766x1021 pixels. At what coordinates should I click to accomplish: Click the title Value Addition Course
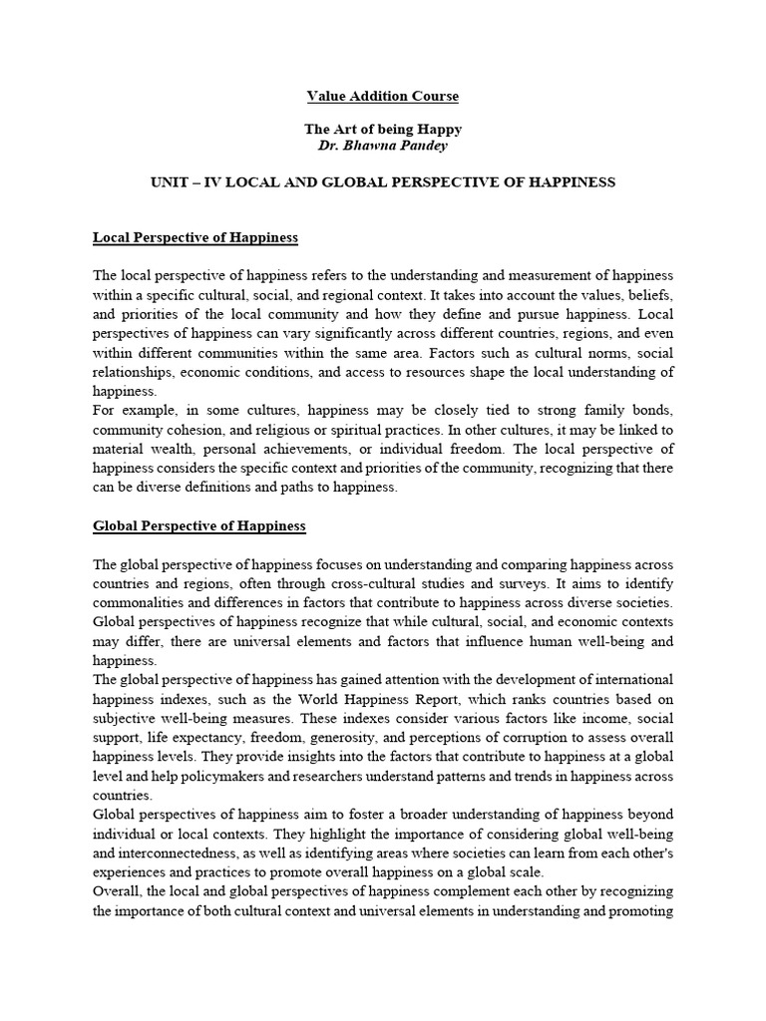click(x=382, y=97)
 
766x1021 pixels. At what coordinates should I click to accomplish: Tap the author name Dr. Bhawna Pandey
click(x=382, y=147)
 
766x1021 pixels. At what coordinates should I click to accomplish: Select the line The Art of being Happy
click(x=382, y=131)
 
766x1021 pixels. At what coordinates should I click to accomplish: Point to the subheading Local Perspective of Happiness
click(x=195, y=238)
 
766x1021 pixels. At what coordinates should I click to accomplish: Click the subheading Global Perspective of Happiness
click(x=199, y=524)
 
